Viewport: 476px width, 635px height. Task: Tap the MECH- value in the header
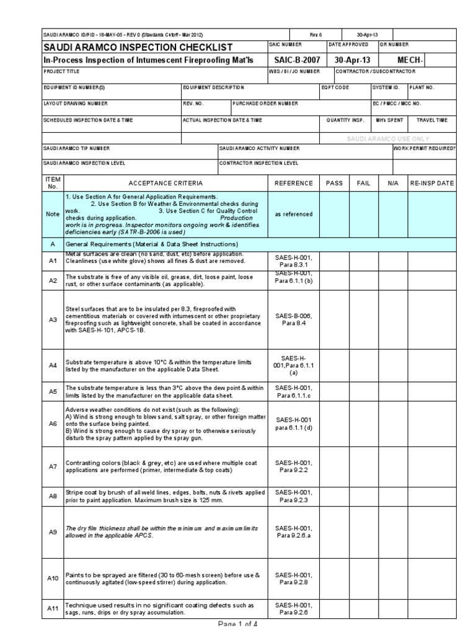point(410,61)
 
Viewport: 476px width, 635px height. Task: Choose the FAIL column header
point(363,183)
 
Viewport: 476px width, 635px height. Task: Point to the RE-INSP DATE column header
point(432,183)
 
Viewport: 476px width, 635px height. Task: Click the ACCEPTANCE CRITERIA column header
point(165,183)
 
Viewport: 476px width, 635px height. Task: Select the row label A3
point(53,319)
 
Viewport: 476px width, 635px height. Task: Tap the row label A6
point(53,423)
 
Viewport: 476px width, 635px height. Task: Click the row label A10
point(53,578)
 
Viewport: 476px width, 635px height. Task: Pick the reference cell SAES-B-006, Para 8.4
point(294,319)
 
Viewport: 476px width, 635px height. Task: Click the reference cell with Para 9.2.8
point(294,579)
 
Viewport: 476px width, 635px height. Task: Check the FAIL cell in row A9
point(363,531)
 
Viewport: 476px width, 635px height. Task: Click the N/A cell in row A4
point(393,365)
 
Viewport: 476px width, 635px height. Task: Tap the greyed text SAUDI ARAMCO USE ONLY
point(388,139)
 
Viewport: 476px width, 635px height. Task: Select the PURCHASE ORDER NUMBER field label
point(266,104)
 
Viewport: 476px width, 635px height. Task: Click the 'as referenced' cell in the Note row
point(294,214)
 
